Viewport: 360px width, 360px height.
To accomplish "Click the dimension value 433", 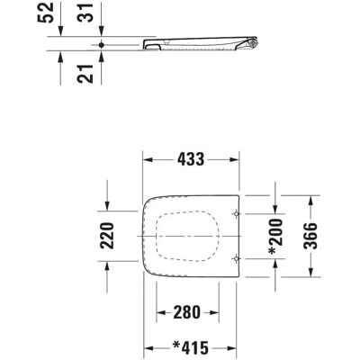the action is point(191,159).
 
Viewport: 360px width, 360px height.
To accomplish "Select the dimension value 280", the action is point(186,312).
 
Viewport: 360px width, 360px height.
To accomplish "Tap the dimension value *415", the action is point(191,348).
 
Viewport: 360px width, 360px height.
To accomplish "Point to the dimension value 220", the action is point(107,236).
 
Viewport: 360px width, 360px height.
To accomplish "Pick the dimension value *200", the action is point(275,237).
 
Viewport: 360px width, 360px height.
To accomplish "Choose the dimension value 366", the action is point(310,236).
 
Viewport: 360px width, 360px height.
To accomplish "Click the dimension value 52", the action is point(46,13).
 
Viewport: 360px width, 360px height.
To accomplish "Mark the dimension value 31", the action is point(85,13).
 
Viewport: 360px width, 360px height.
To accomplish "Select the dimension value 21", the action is point(85,74).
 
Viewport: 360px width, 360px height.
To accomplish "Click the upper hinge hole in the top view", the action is point(237,214).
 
